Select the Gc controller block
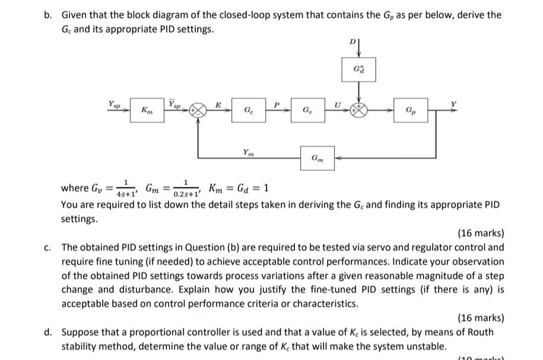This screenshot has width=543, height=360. tap(246, 110)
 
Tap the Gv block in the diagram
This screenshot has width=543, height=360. tap(306, 110)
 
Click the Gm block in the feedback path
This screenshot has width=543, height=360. tap(317, 158)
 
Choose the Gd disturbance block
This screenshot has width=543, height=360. tap(358, 70)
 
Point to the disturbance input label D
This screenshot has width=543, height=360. tap(352, 42)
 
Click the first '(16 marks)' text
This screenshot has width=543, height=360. tap(481, 232)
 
